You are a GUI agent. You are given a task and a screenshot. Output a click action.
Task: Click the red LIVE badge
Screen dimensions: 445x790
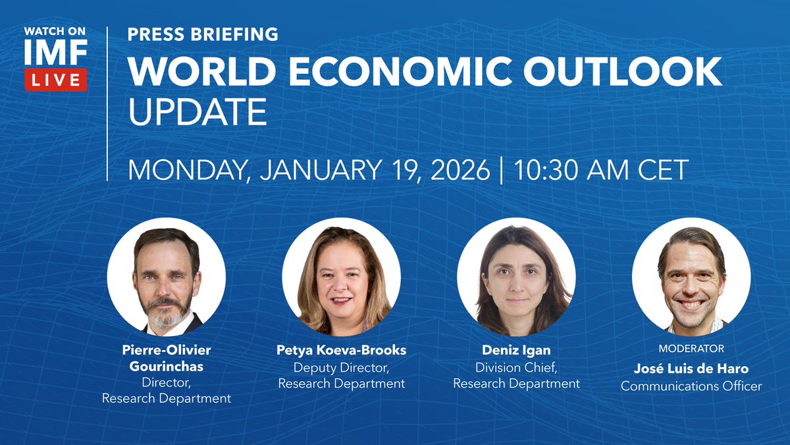[56, 80]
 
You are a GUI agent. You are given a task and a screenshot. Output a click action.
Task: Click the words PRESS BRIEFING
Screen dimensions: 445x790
[203, 34]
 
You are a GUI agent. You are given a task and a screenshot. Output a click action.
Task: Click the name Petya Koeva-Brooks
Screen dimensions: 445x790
[341, 351]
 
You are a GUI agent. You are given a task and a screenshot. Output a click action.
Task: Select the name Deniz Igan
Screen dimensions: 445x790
[516, 351]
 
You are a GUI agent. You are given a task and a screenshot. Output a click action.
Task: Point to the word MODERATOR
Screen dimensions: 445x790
[691, 348]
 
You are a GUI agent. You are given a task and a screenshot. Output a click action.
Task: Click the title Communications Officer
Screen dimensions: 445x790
[691, 386]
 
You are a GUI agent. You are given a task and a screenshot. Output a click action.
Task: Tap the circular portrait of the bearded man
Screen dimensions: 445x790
[166, 277]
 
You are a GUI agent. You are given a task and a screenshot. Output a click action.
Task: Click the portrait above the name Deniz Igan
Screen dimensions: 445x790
[516, 277]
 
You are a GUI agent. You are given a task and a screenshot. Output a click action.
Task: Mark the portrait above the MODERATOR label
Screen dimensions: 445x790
[691, 277]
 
